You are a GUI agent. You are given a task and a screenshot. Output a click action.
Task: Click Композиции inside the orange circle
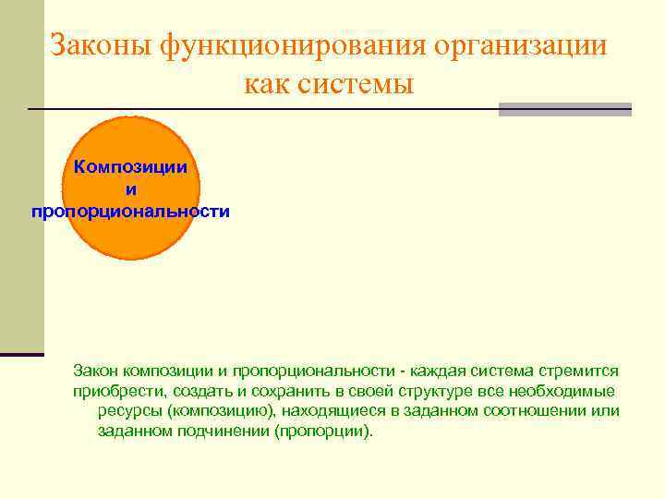click(x=130, y=167)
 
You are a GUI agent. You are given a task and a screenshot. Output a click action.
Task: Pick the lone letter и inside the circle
click(x=130, y=189)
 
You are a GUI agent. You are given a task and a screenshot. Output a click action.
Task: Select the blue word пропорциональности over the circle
click(x=130, y=212)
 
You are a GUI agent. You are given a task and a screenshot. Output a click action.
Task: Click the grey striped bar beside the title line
click(x=564, y=109)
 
